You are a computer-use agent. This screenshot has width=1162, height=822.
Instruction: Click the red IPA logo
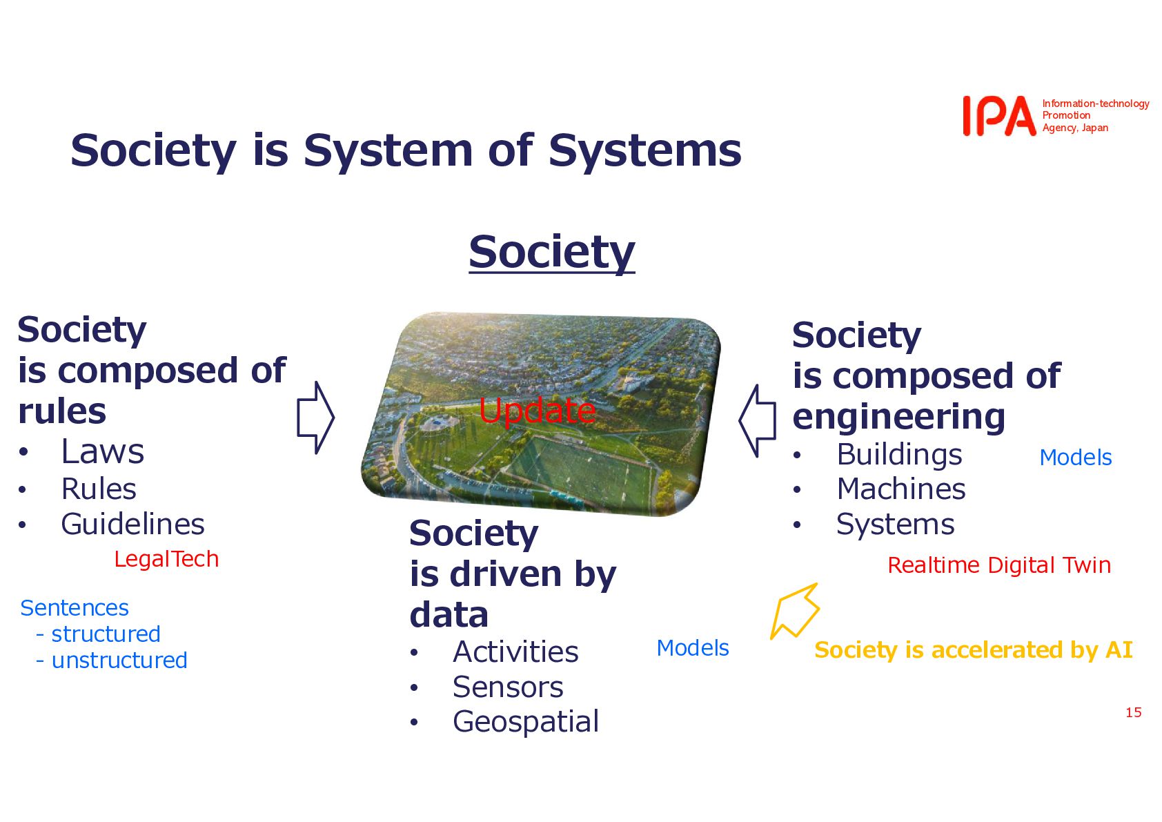pyautogui.click(x=999, y=116)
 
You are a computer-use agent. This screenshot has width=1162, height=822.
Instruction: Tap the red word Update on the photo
pyautogui.click(x=537, y=411)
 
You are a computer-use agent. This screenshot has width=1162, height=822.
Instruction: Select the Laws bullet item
pyautogui.click(x=102, y=451)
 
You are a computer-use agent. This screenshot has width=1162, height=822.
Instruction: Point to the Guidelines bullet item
pyautogui.click(x=132, y=524)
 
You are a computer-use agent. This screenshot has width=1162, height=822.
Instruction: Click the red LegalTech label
pyautogui.click(x=166, y=559)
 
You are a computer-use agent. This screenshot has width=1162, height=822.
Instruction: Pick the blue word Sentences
pyautogui.click(x=75, y=607)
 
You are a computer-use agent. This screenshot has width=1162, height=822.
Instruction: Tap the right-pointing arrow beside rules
pyautogui.click(x=316, y=418)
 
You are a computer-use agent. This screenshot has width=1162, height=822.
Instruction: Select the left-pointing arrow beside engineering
pyautogui.click(x=758, y=421)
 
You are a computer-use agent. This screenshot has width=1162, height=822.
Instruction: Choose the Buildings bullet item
pyautogui.click(x=900, y=455)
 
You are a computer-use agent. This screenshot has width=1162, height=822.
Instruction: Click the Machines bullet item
pyautogui.click(x=901, y=489)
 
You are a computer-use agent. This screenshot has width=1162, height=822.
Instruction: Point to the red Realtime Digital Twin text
pyautogui.click(x=999, y=565)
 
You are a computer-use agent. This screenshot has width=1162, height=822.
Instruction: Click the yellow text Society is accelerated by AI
pyautogui.click(x=973, y=649)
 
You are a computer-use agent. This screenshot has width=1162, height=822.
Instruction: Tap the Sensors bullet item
pyautogui.click(x=508, y=687)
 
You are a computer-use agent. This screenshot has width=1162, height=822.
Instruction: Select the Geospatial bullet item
pyautogui.click(x=526, y=722)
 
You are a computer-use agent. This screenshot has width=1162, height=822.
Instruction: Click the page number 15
pyautogui.click(x=1134, y=712)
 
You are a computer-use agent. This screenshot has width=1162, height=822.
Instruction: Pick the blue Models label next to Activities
pyautogui.click(x=693, y=648)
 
